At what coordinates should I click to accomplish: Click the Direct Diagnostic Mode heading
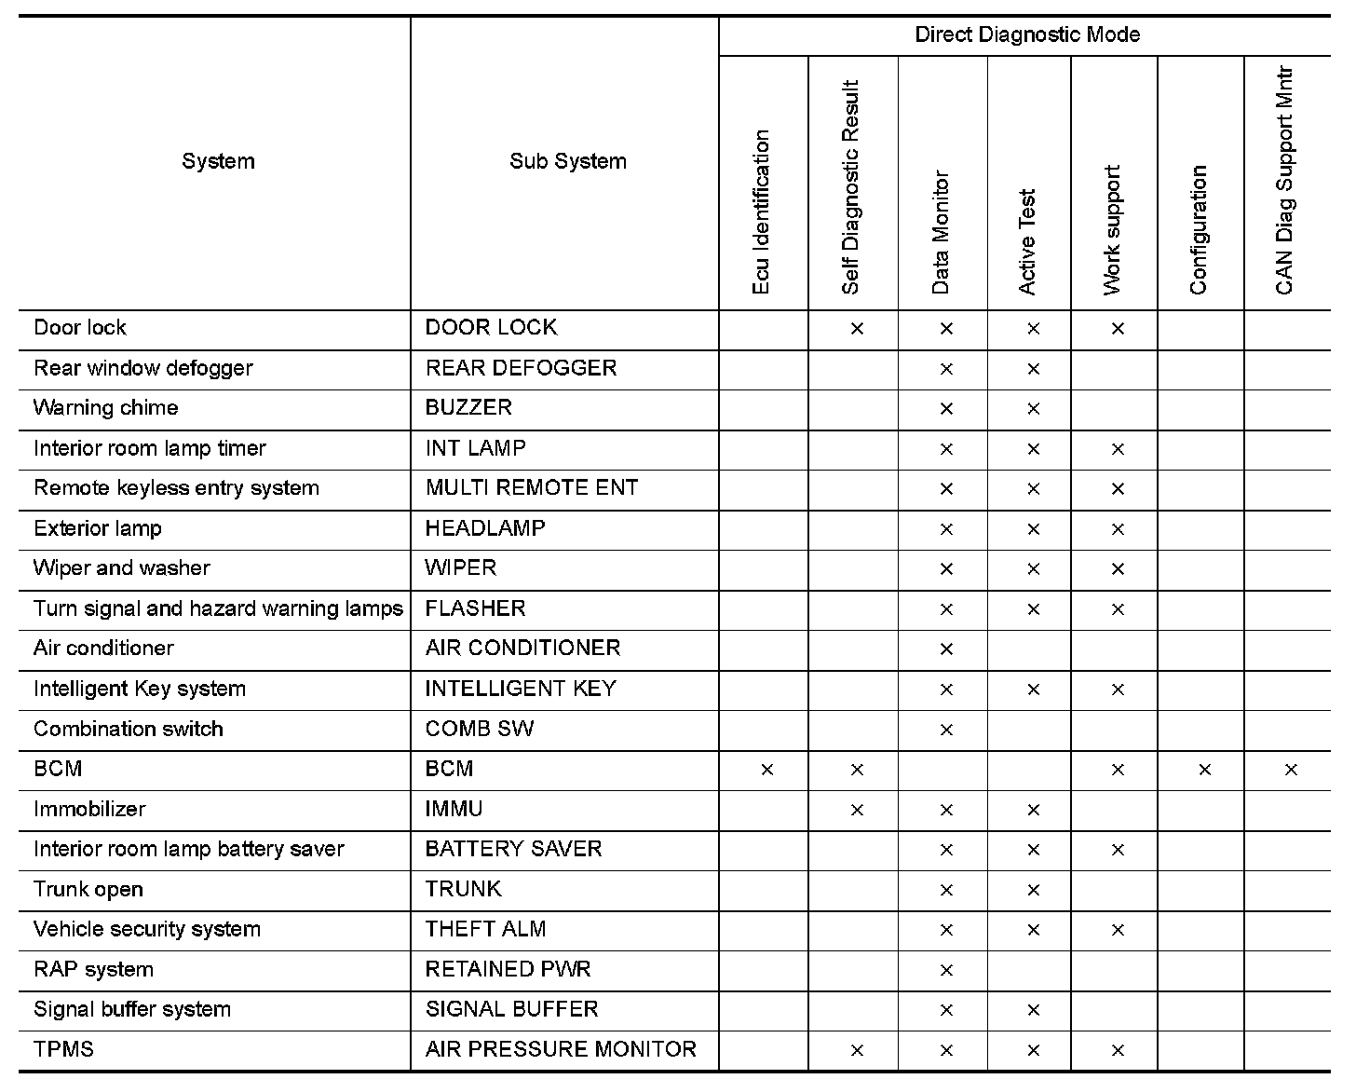coord(1027,35)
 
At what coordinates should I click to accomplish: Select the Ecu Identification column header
coord(762,212)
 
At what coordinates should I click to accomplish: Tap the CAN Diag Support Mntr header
coord(1285,181)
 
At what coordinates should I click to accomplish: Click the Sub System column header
coord(567,161)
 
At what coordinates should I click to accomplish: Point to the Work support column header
coord(1112,230)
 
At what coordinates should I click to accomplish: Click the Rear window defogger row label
coord(143,368)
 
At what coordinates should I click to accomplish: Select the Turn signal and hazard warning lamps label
coord(218,608)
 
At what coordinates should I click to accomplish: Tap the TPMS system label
coord(63,1049)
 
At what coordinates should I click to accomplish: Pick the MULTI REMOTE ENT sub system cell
coord(531,488)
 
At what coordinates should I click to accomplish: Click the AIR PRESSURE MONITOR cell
coord(561,1049)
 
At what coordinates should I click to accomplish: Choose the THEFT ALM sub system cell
coord(485,929)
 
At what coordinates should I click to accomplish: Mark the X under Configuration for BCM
coord(1204,770)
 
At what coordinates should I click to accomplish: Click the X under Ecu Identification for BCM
coord(766,770)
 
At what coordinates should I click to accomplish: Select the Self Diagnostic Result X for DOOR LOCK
coord(857,329)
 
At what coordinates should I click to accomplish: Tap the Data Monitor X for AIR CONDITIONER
coord(946,649)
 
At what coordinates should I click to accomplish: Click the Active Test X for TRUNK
coord(1033,890)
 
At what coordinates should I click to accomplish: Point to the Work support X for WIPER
coord(1118,569)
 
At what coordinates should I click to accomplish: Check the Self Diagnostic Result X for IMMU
coord(857,810)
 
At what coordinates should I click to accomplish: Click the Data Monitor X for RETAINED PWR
coord(946,970)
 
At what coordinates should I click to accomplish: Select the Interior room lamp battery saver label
coord(189,849)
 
